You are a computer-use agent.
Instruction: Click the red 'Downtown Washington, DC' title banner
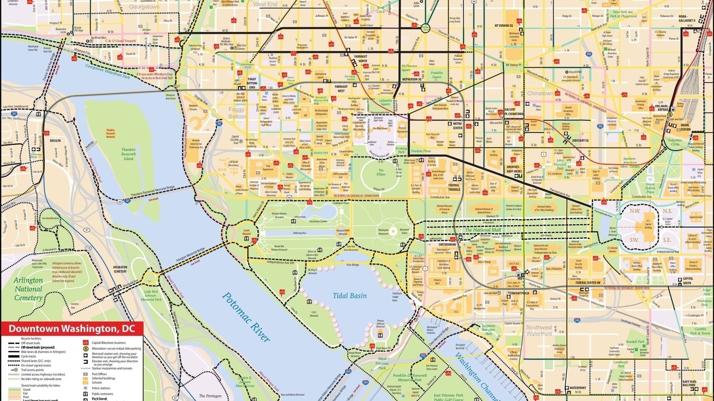pos(72,329)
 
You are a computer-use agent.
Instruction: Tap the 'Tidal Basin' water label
pos(349,296)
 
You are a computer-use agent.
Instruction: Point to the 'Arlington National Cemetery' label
pos(28,289)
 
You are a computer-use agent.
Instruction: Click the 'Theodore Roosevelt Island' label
pos(128,154)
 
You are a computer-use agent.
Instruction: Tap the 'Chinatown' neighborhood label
pos(540,94)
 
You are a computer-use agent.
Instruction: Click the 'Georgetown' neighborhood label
pos(144,7)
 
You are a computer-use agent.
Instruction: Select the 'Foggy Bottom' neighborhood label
pos(236,113)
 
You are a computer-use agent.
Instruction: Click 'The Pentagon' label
pos(210,396)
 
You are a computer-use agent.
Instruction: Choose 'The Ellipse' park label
pos(381,173)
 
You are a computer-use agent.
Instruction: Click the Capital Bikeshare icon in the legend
pos(86,343)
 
